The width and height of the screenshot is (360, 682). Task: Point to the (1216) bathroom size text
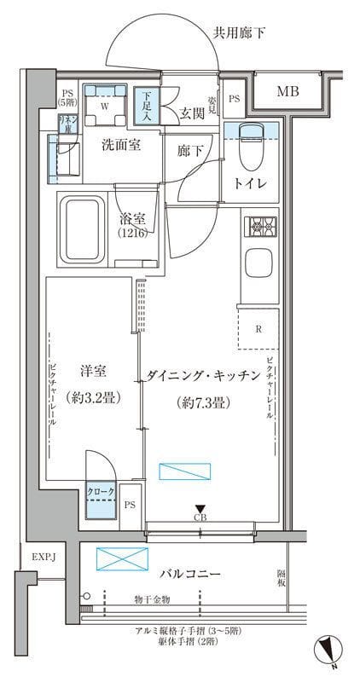pyautogui.click(x=133, y=234)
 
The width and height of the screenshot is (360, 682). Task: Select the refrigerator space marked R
pyautogui.click(x=258, y=327)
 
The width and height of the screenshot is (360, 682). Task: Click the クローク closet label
pyautogui.click(x=98, y=492)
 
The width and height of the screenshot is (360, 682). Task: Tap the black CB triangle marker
pyautogui.click(x=200, y=509)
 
